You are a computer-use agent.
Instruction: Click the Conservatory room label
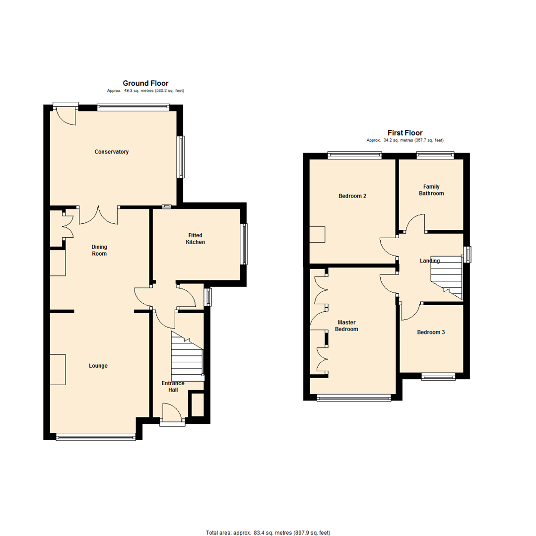(112, 152)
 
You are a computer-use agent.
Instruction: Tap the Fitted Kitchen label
(195, 239)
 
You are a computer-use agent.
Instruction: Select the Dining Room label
(99, 250)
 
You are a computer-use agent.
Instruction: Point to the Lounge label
(98, 366)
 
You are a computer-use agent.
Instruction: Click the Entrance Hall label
(173, 386)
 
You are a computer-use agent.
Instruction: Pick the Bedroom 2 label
(352, 196)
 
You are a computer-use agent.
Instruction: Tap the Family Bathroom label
(431, 190)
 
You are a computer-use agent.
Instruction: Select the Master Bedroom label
(346, 326)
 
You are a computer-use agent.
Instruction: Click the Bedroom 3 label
(431, 332)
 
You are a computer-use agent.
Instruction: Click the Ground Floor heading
(145, 83)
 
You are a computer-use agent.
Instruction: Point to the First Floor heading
(405, 133)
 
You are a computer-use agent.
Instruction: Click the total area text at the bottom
(268, 533)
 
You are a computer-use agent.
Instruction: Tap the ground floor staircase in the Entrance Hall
(187, 356)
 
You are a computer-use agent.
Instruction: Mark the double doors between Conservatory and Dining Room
(98, 215)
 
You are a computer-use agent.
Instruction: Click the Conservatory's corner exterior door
(66, 114)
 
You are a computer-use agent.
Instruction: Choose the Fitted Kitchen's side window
(244, 244)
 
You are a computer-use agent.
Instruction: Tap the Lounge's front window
(96, 437)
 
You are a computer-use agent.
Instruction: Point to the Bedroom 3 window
(438, 377)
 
